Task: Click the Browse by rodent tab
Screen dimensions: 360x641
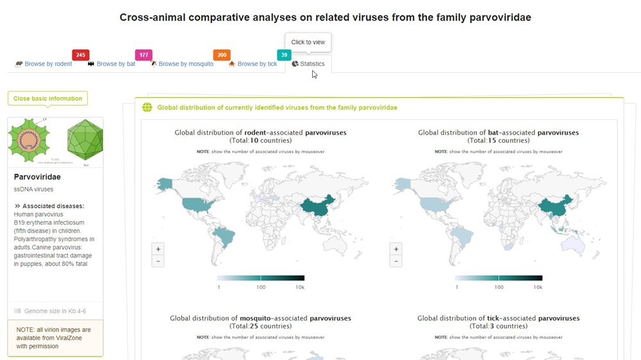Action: (x=44, y=64)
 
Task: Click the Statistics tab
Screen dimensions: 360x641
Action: (x=308, y=64)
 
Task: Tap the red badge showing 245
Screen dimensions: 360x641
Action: (x=81, y=55)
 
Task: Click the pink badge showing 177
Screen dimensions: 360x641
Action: (x=144, y=55)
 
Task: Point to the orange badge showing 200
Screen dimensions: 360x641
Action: (x=222, y=55)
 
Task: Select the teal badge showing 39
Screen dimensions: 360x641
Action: (x=284, y=55)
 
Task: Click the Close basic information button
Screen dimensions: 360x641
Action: (x=47, y=99)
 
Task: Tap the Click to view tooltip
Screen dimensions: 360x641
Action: (x=308, y=42)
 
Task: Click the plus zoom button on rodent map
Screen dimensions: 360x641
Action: (x=158, y=249)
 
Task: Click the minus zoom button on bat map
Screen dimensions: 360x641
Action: (x=396, y=261)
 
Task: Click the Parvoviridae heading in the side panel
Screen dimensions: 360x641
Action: (x=37, y=177)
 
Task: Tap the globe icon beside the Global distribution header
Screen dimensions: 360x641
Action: (x=147, y=108)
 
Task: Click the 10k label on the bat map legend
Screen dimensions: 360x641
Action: (x=538, y=288)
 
